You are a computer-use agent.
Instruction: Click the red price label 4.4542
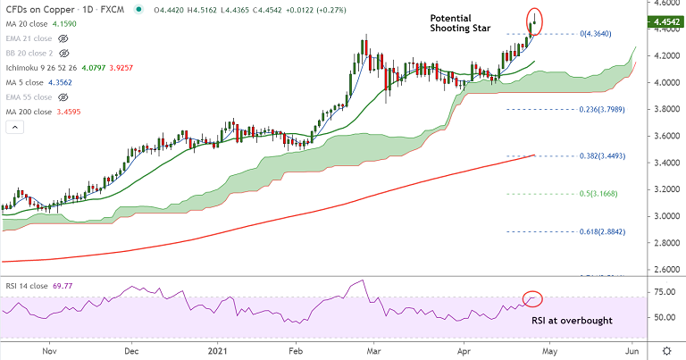click(664, 21)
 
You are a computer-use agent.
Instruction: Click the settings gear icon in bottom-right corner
click(667, 349)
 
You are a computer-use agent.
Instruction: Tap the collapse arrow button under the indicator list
click(14, 127)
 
